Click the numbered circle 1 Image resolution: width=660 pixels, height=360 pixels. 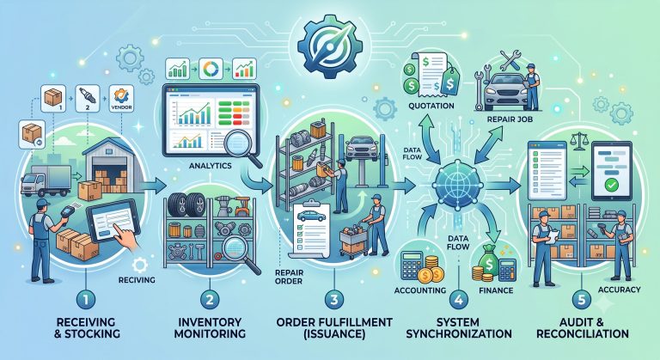[x=86, y=300]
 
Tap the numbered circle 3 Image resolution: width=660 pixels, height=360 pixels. [x=334, y=300]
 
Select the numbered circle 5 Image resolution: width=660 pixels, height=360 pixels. [x=582, y=300]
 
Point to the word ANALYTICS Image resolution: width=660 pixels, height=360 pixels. [x=210, y=166]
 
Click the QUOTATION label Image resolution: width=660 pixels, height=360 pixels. [x=431, y=106]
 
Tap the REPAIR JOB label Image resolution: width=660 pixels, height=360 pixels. [x=510, y=119]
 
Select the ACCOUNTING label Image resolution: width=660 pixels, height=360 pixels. [x=420, y=290]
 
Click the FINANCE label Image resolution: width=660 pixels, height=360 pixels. [x=496, y=290]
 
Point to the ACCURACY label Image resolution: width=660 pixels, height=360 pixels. [x=619, y=290]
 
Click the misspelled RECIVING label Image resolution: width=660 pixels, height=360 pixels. [x=137, y=279]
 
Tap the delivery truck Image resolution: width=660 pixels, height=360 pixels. [x=46, y=180]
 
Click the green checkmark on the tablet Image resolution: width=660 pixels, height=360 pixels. [x=611, y=184]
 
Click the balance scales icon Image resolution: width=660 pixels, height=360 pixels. [x=579, y=141]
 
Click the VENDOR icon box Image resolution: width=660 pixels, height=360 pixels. [x=121, y=99]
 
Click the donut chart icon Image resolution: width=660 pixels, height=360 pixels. [x=211, y=69]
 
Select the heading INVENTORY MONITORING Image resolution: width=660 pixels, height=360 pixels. [x=210, y=328]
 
